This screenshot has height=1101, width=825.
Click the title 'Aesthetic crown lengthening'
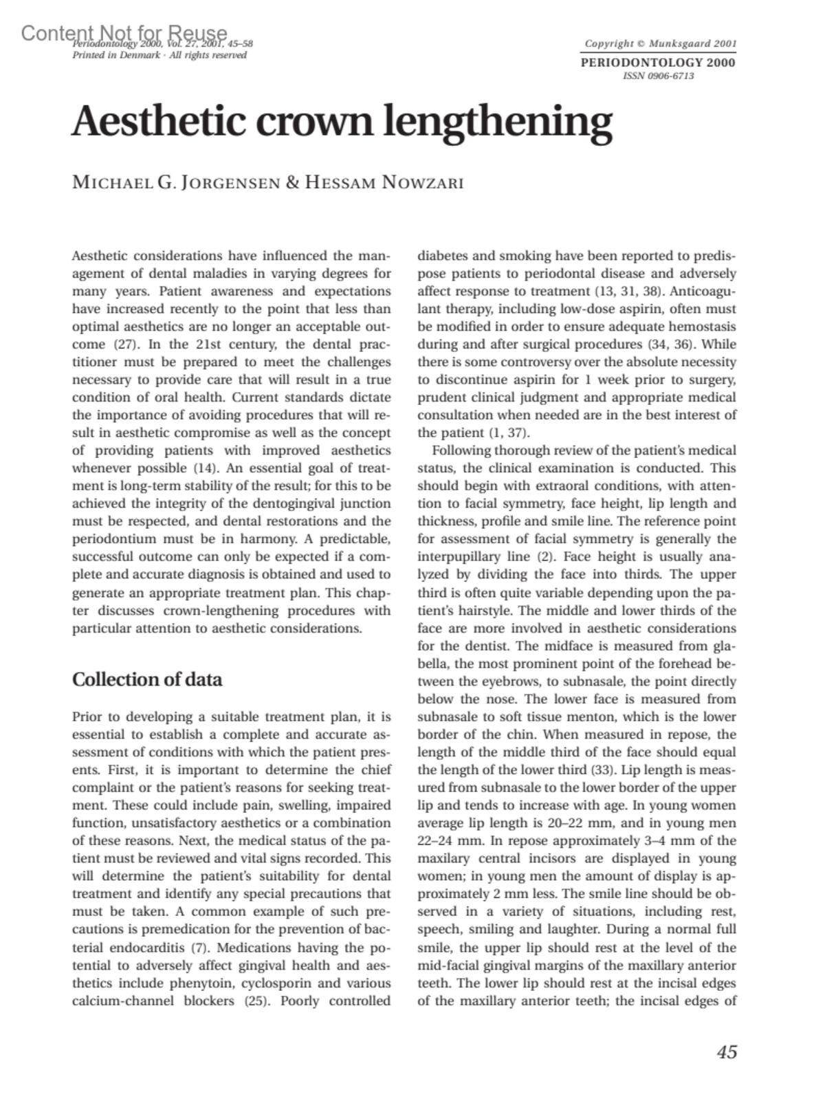pos(342,122)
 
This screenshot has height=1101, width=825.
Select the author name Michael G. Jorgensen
pos(176,184)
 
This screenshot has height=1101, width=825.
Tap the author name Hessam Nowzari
pos(384,184)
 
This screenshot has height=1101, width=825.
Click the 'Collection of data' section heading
pos(147,679)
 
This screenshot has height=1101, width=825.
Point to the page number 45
pos(726,1052)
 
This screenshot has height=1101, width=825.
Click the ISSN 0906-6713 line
pos(658,76)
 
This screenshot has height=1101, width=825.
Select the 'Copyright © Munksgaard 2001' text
pos(660,43)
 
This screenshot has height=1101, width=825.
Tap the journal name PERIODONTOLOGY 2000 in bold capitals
pos(658,63)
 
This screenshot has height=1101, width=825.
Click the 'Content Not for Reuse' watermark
pos(124,32)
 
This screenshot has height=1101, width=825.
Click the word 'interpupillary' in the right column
pos(455,557)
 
